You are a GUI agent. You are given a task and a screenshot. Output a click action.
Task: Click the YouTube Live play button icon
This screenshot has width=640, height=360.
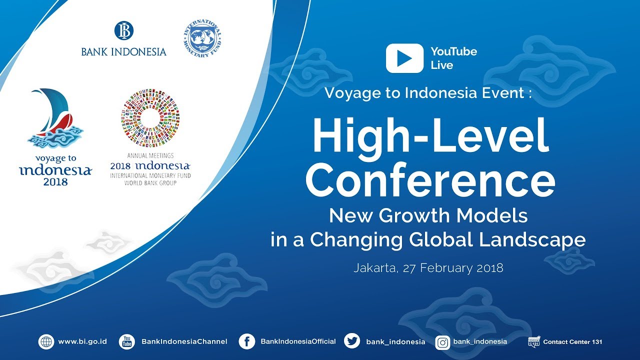pyautogui.click(x=404, y=58)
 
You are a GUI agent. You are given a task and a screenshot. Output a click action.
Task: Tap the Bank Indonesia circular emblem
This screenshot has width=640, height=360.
pyautogui.click(x=123, y=30)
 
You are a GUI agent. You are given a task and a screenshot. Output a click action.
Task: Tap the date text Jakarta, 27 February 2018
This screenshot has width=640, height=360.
pyautogui.click(x=428, y=267)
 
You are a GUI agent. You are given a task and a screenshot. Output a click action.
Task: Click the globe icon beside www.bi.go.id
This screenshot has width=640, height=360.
pyautogui.click(x=46, y=342)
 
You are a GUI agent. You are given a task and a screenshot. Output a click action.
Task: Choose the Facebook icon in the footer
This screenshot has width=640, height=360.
pyautogui.click(x=246, y=342)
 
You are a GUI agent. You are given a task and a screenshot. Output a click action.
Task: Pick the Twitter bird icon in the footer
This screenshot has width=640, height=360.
pyautogui.click(x=352, y=341)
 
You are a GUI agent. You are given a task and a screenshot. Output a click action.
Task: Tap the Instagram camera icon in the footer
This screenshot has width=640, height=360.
pyautogui.click(x=442, y=342)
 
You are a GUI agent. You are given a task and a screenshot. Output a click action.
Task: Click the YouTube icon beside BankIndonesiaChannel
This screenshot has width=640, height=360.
pyautogui.click(x=127, y=342)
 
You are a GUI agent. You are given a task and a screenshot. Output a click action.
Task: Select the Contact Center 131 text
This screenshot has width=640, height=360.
pyautogui.click(x=572, y=342)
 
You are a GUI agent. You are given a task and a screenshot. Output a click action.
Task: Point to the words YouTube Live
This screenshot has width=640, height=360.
pyautogui.click(x=453, y=58)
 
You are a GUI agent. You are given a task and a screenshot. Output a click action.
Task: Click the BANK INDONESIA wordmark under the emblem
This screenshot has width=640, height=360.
pyautogui.click(x=123, y=51)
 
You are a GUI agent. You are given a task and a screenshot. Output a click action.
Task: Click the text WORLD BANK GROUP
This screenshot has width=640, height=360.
pyautogui.click(x=150, y=183)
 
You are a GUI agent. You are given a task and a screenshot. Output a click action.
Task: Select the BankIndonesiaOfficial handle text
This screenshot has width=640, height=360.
pyautogui.click(x=298, y=341)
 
